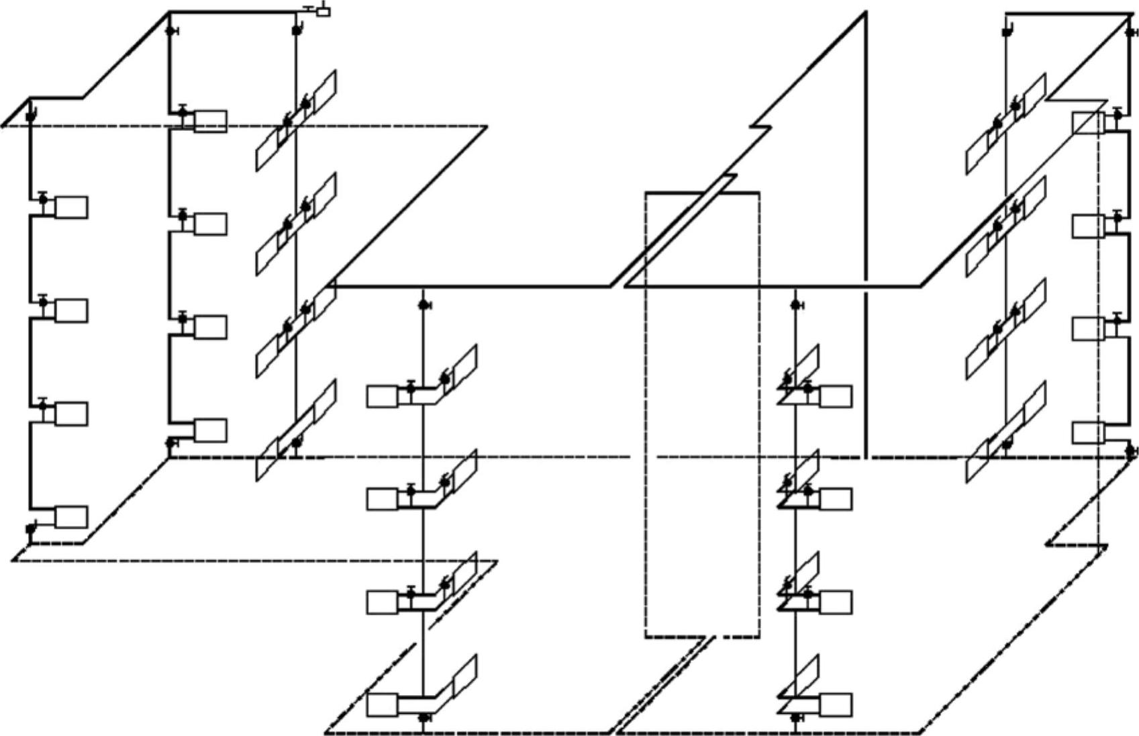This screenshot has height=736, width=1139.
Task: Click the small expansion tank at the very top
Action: pyautogui.click(x=323, y=11)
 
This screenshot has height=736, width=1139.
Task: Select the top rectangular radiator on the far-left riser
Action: pyautogui.click(x=71, y=208)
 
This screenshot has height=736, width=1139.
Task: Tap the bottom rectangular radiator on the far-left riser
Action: pyautogui.click(x=71, y=517)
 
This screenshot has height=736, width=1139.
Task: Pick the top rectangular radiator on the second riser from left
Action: pyautogui.click(x=210, y=122)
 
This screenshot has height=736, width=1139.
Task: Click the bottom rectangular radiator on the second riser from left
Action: pyautogui.click(x=210, y=430)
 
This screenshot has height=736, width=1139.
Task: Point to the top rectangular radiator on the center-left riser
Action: pyautogui.click(x=383, y=396)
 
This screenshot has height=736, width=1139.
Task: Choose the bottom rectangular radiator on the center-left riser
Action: pyautogui.click(x=383, y=705)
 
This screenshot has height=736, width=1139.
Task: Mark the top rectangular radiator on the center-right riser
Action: pyautogui.click(x=836, y=396)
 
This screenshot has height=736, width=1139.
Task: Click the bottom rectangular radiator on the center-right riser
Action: pyautogui.click(x=836, y=705)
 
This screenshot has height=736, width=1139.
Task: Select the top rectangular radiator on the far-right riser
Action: pyautogui.click(x=1088, y=123)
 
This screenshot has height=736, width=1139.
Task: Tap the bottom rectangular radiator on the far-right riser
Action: pyautogui.click(x=1088, y=433)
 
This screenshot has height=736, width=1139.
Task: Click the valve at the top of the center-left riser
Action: pyautogui.click(x=424, y=306)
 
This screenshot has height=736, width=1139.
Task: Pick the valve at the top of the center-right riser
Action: pyautogui.click(x=796, y=306)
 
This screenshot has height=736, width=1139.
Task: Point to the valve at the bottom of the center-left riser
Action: pyautogui.click(x=424, y=718)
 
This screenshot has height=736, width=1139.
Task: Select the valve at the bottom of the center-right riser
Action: pyautogui.click(x=796, y=718)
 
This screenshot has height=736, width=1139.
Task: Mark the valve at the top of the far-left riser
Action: pyautogui.click(x=30, y=116)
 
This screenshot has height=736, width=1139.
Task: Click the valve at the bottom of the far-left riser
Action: pyautogui.click(x=30, y=528)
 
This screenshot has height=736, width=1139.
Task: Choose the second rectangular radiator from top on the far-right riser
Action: pyautogui.click(x=1088, y=226)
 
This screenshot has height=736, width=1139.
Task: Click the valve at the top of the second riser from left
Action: pyautogui.click(x=170, y=31)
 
